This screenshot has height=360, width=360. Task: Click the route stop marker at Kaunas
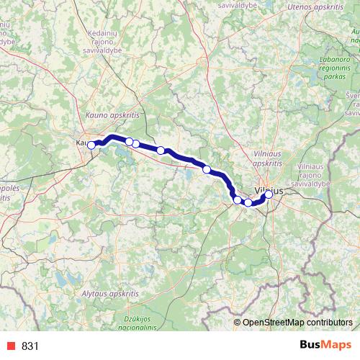point(91,145)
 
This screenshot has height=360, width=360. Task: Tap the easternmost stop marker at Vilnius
point(269,194)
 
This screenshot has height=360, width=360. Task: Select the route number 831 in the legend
point(30,346)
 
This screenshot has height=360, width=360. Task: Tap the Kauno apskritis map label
point(112,114)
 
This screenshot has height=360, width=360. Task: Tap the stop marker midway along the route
point(161,150)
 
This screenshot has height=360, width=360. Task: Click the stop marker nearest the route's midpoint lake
point(207,169)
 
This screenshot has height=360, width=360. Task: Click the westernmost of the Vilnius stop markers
point(237,199)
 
